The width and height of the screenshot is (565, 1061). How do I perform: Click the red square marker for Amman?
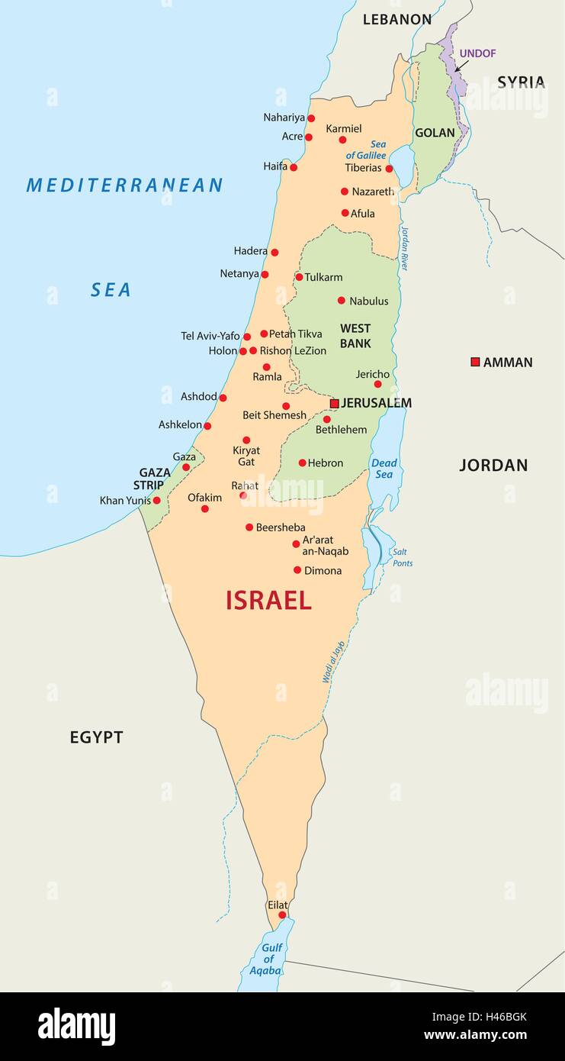(x=475, y=362)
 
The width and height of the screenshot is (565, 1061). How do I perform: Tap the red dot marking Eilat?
(x=282, y=914)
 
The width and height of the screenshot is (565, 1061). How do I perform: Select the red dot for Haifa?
(x=294, y=167)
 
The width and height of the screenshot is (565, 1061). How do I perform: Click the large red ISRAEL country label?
(x=268, y=601)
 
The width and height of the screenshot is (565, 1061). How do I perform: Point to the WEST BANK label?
(x=355, y=337)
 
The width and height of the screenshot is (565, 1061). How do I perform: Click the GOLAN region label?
(x=435, y=133)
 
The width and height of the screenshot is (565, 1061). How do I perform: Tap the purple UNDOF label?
(x=478, y=53)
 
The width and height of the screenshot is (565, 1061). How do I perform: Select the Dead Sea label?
(x=384, y=469)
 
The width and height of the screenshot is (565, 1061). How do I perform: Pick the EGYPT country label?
(x=96, y=737)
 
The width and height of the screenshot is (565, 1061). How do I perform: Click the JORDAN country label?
(x=493, y=465)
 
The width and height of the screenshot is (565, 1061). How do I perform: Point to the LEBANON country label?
(x=396, y=20)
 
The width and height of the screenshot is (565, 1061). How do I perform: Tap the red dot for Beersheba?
(x=249, y=527)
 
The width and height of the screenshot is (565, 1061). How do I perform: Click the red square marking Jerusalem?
(x=334, y=403)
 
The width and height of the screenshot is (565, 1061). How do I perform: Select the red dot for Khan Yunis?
(x=157, y=501)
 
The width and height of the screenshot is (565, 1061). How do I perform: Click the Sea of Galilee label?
(x=367, y=150)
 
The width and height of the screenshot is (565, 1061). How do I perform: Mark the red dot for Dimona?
(x=297, y=570)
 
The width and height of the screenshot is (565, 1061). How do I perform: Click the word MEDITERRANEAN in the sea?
(x=124, y=185)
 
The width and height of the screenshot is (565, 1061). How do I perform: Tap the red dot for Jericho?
(x=377, y=384)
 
